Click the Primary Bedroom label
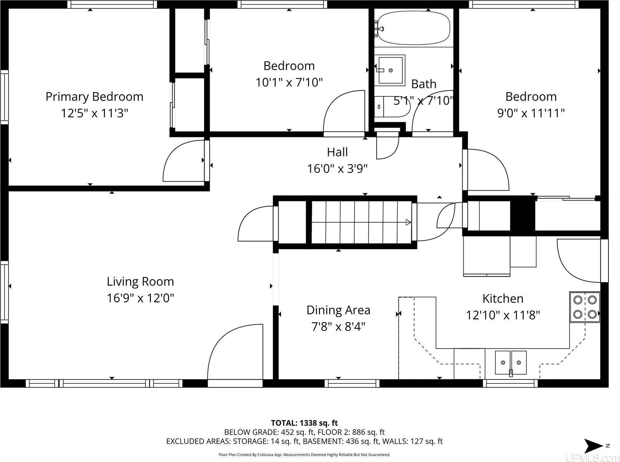[94, 96]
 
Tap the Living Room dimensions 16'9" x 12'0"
[140, 298]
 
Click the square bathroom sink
[391, 70]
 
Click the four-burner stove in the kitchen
[585, 307]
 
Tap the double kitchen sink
[511, 363]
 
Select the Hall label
[337, 152]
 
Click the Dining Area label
[338, 310]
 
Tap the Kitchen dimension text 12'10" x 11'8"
[503, 315]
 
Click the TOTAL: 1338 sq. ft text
[304, 423]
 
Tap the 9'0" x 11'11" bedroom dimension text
[530, 113]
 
